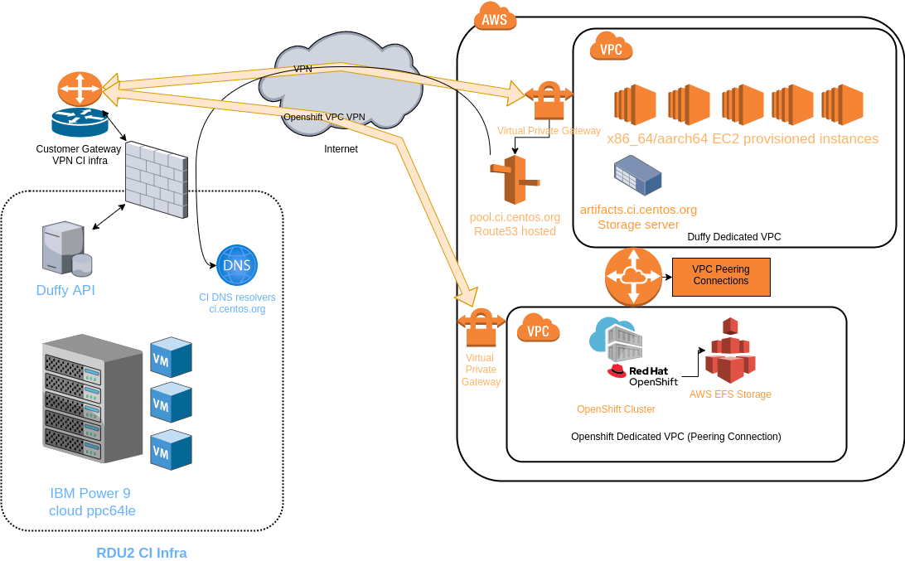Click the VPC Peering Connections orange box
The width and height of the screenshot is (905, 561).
point(720,277)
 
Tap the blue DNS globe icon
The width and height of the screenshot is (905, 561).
point(237,266)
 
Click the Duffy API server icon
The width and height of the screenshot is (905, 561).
point(66,248)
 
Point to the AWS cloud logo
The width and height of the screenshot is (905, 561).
point(495,17)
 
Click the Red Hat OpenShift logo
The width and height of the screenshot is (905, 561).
point(642,375)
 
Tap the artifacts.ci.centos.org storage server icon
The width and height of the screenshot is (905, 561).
point(637,176)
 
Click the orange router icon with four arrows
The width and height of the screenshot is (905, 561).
point(80,89)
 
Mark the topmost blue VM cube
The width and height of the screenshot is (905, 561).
point(171,357)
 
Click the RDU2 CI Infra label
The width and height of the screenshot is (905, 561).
point(142,553)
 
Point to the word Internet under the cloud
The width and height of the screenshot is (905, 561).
point(341,149)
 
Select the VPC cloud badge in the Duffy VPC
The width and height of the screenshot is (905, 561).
point(611,48)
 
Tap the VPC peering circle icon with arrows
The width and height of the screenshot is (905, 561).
point(633,276)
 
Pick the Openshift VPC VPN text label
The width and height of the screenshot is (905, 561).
point(324,117)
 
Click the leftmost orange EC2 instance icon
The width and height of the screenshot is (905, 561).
point(635,104)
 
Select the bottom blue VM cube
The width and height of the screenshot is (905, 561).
point(171,450)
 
